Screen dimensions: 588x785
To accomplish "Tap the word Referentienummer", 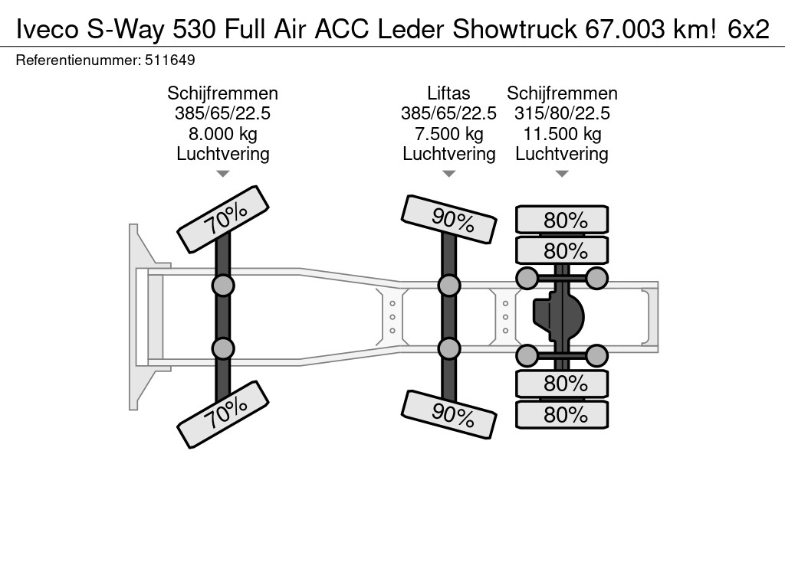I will pos(77,60).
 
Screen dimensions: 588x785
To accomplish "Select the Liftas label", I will pos(448,93).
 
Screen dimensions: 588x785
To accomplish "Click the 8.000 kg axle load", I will pos(223,134).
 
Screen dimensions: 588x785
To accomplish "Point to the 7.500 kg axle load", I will pos(448,134).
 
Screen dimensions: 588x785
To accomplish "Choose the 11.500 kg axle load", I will pos(562,134).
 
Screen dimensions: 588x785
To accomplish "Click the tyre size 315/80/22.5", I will pos(562,113).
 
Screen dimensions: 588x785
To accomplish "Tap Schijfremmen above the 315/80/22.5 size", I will pos(562,93).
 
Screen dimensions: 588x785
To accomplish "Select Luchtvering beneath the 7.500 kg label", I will pos(448,154).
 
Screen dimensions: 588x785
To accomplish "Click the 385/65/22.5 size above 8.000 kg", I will pos(223,113).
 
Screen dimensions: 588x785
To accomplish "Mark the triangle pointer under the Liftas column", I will pos(448,174).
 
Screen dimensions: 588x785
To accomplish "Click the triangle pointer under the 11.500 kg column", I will pos(562,174).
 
